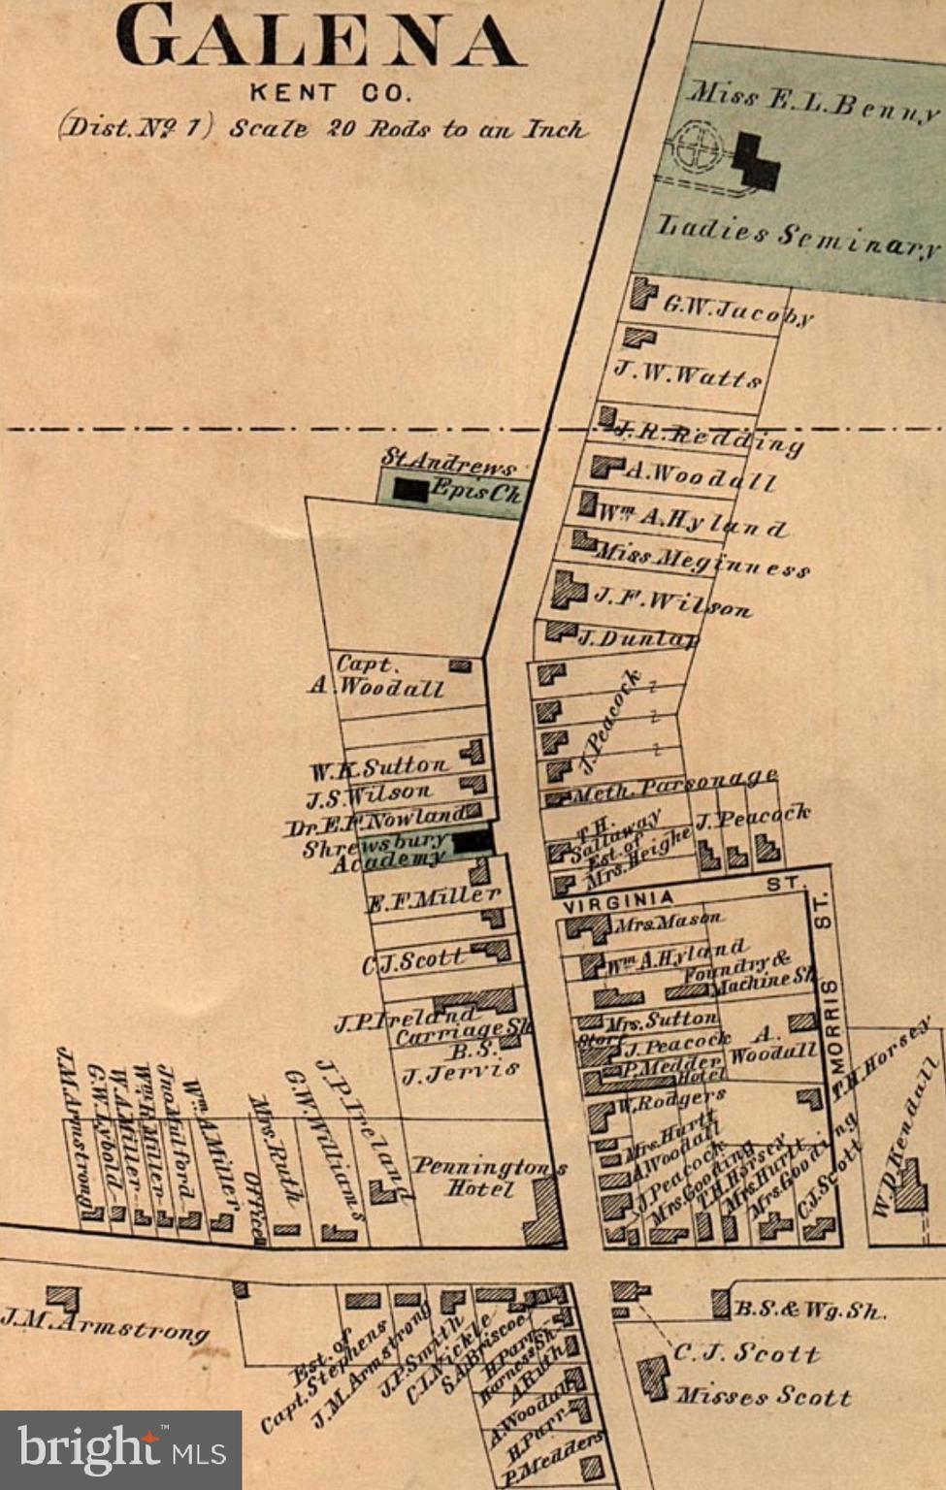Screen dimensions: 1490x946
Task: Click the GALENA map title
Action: point(320,39)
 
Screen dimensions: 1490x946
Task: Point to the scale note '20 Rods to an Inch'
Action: point(456,129)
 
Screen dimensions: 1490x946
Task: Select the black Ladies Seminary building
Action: point(755,161)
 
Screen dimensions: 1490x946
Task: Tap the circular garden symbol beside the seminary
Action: point(697,148)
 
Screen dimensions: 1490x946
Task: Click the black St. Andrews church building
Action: point(410,491)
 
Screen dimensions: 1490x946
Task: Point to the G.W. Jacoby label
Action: point(737,309)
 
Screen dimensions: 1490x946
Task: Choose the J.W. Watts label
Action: point(687,373)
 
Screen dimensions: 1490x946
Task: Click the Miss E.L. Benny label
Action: point(813,103)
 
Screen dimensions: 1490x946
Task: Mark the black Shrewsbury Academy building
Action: point(473,841)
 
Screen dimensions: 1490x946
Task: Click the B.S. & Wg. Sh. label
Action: point(809,1310)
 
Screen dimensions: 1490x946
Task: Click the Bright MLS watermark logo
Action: point(120,1450)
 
